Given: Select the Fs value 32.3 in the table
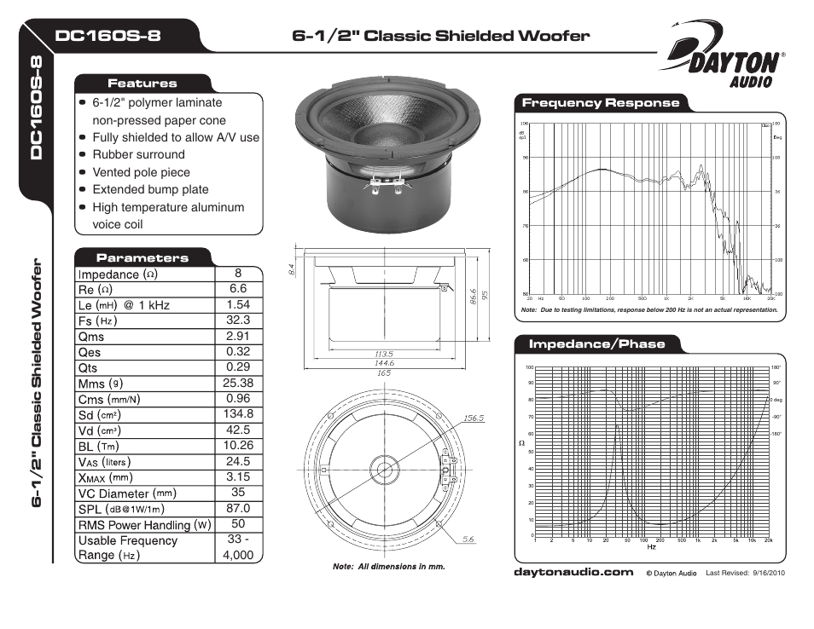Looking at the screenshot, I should coord(238,320).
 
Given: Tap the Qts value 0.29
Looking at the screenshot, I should coord(238,367).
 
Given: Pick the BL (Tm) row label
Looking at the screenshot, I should coord(98,446).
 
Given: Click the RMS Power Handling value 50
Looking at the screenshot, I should coord(238,524).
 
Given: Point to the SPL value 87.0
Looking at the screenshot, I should coord(238,508).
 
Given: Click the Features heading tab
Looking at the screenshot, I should coord(142,84).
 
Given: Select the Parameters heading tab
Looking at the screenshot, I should coord(142,257).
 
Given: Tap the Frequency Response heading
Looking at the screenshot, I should coord(601,103).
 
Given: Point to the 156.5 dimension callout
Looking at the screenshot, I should coord(474,418).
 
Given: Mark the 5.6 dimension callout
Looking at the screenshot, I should coord(468,539).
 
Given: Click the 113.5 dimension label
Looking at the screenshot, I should coord(383,354).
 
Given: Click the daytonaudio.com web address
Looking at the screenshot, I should coord(573,573).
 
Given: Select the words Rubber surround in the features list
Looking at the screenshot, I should coord(138,154).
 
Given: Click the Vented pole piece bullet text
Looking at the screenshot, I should coord(141,172).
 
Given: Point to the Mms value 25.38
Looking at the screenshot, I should coord(238,384).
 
